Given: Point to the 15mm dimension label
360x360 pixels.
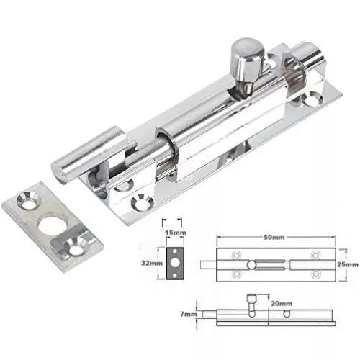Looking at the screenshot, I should point(172,233).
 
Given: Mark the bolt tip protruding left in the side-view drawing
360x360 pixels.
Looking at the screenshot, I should point(210,315).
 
